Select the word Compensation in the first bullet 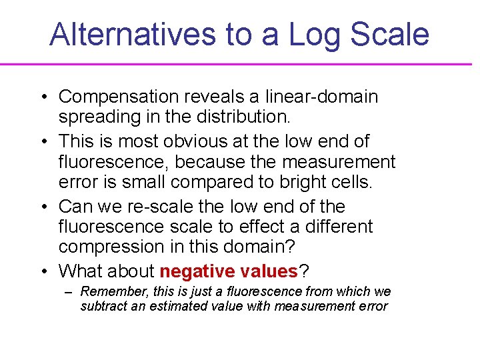point(117,97)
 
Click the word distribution point(243,117)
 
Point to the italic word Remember point(107,292)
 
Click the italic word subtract point(102,307)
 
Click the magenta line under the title point(240,64)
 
